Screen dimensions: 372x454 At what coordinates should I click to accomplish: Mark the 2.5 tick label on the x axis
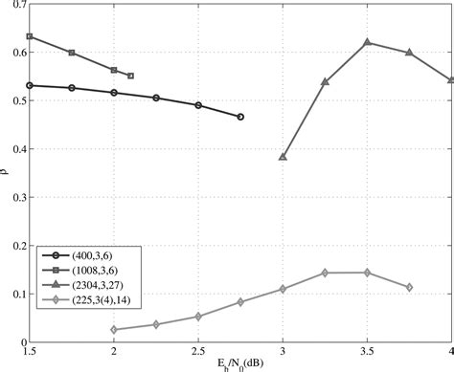pyautogui.click(x=198, y=352)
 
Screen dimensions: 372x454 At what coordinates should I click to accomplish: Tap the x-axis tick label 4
pyautogui.click(x=450, y=352)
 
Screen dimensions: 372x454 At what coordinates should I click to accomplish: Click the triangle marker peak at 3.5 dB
pyautogui.click(x=367, y=42)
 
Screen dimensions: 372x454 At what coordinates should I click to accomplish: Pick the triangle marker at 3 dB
pyautogui.click(x=283, y=156)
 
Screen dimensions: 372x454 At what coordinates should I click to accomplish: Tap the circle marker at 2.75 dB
pyautogui.click(x=240, y=117)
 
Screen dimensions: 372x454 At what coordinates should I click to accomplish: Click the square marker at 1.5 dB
pyautogui.click(x=30, y=36)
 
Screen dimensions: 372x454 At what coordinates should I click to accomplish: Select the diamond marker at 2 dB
pyautogui.click(x=114, y=330)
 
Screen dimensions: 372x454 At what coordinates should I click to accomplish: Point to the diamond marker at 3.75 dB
pyautogui.click(x=409, y=287)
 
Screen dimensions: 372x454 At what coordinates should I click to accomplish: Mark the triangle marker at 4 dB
pyautogui.click(x=451, y=80)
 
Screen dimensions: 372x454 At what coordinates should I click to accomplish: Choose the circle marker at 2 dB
pyautogui.click(x=114, y=93)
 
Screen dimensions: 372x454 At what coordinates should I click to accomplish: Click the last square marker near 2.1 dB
pyautogui.click(x=130, y=76)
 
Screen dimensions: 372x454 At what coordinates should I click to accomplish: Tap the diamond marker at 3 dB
pyautogui.click(x=283, y=289)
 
